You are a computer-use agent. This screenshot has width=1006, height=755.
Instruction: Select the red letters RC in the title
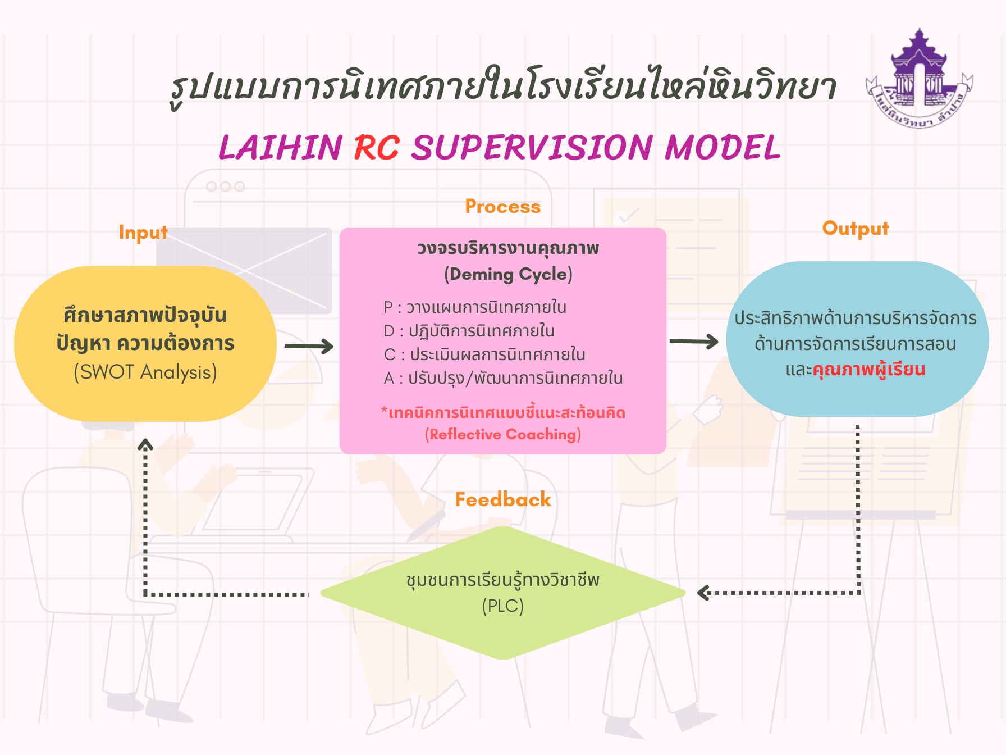(377, 148)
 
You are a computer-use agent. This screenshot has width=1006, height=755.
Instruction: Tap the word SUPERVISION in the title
(532, 148)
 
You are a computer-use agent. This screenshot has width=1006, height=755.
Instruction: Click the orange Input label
(143, 232)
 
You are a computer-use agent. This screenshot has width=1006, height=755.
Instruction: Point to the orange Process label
(502, 207)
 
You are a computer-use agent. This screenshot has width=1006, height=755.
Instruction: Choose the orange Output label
(855, 228)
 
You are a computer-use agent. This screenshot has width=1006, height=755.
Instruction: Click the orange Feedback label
(502, 499)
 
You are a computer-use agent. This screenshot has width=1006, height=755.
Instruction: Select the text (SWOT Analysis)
(145, 372)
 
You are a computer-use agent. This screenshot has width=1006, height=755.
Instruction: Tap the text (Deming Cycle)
(508, 274)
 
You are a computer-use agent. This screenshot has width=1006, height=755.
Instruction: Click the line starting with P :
(475, 307)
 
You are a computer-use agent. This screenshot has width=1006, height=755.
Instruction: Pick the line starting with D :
(469, 331)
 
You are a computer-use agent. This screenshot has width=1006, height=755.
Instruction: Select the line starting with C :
(484, 354)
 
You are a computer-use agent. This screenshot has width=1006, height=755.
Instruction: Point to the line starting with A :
(503, 378)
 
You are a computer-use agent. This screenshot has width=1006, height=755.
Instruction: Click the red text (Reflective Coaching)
(502, 434)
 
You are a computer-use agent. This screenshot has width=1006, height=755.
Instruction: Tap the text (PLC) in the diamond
(502, 606)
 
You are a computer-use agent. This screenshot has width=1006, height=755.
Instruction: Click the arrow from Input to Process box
(309, 346)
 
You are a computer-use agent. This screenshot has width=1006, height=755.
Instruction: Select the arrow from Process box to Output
(694, 341)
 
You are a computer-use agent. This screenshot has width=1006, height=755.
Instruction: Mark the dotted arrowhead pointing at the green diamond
(702, 593)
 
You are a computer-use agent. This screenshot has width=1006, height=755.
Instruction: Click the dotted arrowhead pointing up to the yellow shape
(145, 445)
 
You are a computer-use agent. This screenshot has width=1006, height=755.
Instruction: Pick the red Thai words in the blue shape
(868, 370)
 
